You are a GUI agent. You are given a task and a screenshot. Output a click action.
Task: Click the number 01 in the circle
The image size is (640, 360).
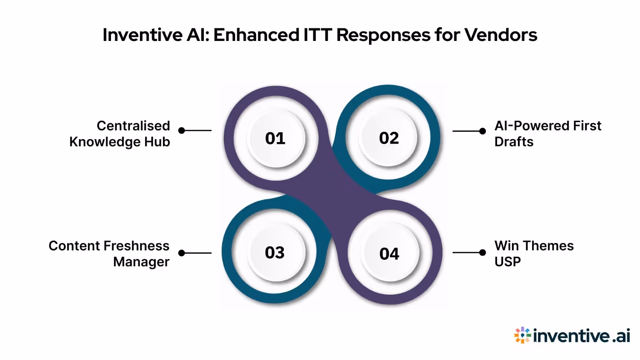point(275,138)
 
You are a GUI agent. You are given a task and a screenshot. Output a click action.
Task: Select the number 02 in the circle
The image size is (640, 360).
point(389,138)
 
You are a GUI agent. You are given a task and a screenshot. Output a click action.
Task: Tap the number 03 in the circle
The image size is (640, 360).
point(275,253)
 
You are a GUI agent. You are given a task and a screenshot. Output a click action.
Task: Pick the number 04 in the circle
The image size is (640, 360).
point(389,254)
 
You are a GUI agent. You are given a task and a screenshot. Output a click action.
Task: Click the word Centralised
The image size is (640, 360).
point(133,126)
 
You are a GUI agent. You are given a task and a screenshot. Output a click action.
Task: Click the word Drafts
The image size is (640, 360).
point(514,142)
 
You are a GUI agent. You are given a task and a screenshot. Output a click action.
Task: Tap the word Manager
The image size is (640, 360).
point(141,262)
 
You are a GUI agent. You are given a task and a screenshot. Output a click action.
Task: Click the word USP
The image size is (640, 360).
point(507,261)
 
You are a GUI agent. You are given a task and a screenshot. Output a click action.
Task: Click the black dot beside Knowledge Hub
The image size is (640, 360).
point(182,131)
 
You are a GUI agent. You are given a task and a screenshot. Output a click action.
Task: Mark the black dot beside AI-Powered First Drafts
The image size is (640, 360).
point(483,131)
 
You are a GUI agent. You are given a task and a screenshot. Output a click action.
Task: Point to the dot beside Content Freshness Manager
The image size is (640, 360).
point(182,253)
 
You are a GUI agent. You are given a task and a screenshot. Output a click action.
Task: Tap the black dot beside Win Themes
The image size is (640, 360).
point(483,253)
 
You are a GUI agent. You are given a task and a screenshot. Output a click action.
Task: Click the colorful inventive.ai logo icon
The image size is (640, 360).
point(522,335)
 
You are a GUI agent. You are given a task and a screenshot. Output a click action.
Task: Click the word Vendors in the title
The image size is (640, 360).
point(500,35)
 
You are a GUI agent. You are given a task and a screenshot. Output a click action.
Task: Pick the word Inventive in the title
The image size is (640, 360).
point(142,35)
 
